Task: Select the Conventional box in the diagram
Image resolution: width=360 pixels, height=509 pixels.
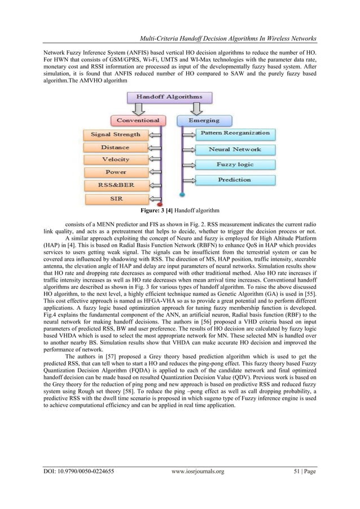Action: click(x=138, y=120)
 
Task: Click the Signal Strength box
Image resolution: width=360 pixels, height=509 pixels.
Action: click(x=116, y=135)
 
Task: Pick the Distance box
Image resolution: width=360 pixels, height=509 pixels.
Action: click(x=116, y=147)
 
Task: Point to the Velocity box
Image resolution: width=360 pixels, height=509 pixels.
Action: click(x=116, y=160)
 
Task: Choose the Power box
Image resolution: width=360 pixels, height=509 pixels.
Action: click(x=116, y=172)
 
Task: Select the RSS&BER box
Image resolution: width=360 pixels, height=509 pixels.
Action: click(x=116, y=185)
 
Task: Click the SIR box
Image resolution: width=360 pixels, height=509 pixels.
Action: click(x=116, y=198)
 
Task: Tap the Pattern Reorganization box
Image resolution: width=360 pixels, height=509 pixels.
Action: click(x=234, y=134)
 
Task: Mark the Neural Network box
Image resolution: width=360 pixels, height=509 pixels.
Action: click(x=234, y=150)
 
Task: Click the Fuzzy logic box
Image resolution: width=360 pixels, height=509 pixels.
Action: click(x=234, y=165)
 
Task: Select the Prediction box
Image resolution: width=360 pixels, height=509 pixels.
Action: click(x=234, y=179)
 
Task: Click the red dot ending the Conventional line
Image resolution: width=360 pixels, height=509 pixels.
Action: click(x=161, y=204)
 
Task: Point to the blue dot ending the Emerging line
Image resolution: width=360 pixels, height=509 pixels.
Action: click(x=181, y=195)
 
